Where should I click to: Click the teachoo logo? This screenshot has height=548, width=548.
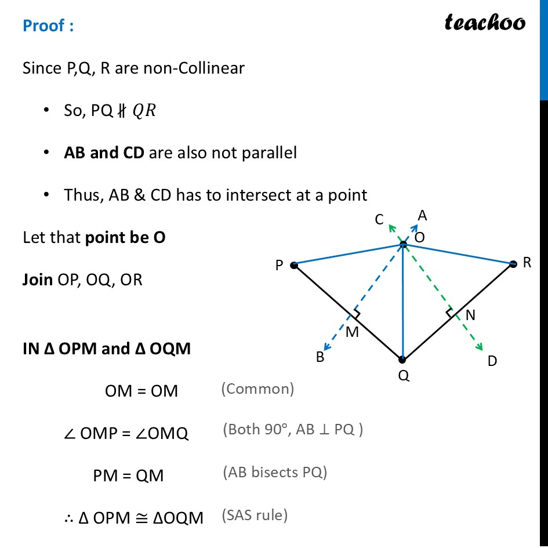point(485,23)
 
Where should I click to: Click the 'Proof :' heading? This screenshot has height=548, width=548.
point(48,26)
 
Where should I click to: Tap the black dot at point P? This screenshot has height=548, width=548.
point(294,265)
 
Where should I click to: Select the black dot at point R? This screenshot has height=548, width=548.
point(513,264)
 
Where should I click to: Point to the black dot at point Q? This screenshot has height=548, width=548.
point(402,360)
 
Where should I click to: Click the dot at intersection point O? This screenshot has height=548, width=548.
point(403,244)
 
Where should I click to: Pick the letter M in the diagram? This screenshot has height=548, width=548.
point(352,332)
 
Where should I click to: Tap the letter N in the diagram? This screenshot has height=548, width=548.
point(470,315)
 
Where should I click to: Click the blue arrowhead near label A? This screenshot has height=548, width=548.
point(415,228)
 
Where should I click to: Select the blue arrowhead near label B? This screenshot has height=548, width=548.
point(327,346)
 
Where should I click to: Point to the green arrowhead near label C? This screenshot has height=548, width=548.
point(392,228)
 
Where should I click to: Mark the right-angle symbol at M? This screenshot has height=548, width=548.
point(356,314)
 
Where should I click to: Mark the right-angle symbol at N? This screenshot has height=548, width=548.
point(450,313)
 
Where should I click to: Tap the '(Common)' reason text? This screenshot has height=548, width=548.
point(257,389)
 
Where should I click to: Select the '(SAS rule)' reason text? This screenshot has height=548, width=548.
point(255,515)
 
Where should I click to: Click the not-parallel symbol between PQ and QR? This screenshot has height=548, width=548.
point(121,111)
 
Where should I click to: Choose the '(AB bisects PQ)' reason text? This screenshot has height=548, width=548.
point(275,472)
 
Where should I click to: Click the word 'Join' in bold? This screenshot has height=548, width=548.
point(38,280)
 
